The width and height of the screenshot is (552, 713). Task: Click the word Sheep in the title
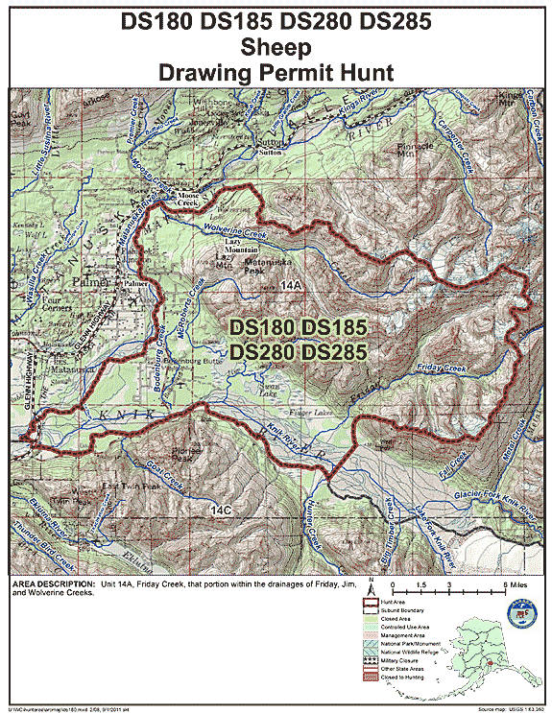276,46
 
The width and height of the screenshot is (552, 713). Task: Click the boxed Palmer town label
134,285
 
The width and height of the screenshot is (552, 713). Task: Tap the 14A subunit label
292,284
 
